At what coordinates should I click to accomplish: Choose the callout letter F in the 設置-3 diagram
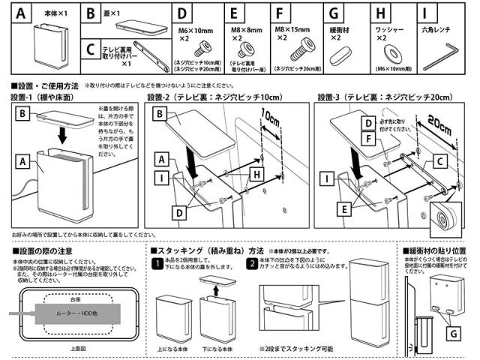[x=369, y=137]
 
